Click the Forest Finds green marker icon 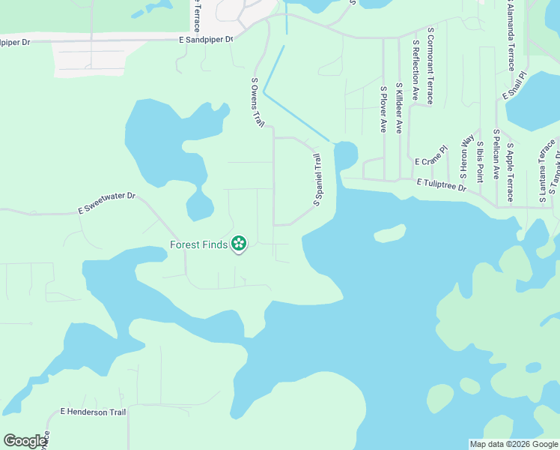[x=239, y=243]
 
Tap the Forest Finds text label [x=198, y=244]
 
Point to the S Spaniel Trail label [x=317, y=180]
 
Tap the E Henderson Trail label [x=94, y=412]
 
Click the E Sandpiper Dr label [x=206, y=39]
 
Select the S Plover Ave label [x=383, y=109]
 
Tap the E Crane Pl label [x=430, y=161]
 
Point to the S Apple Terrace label [x=510, y=172]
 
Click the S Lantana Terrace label [x=544, y=172]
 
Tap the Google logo [x=25, y=441]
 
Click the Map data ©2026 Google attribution [x=513, y=444]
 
